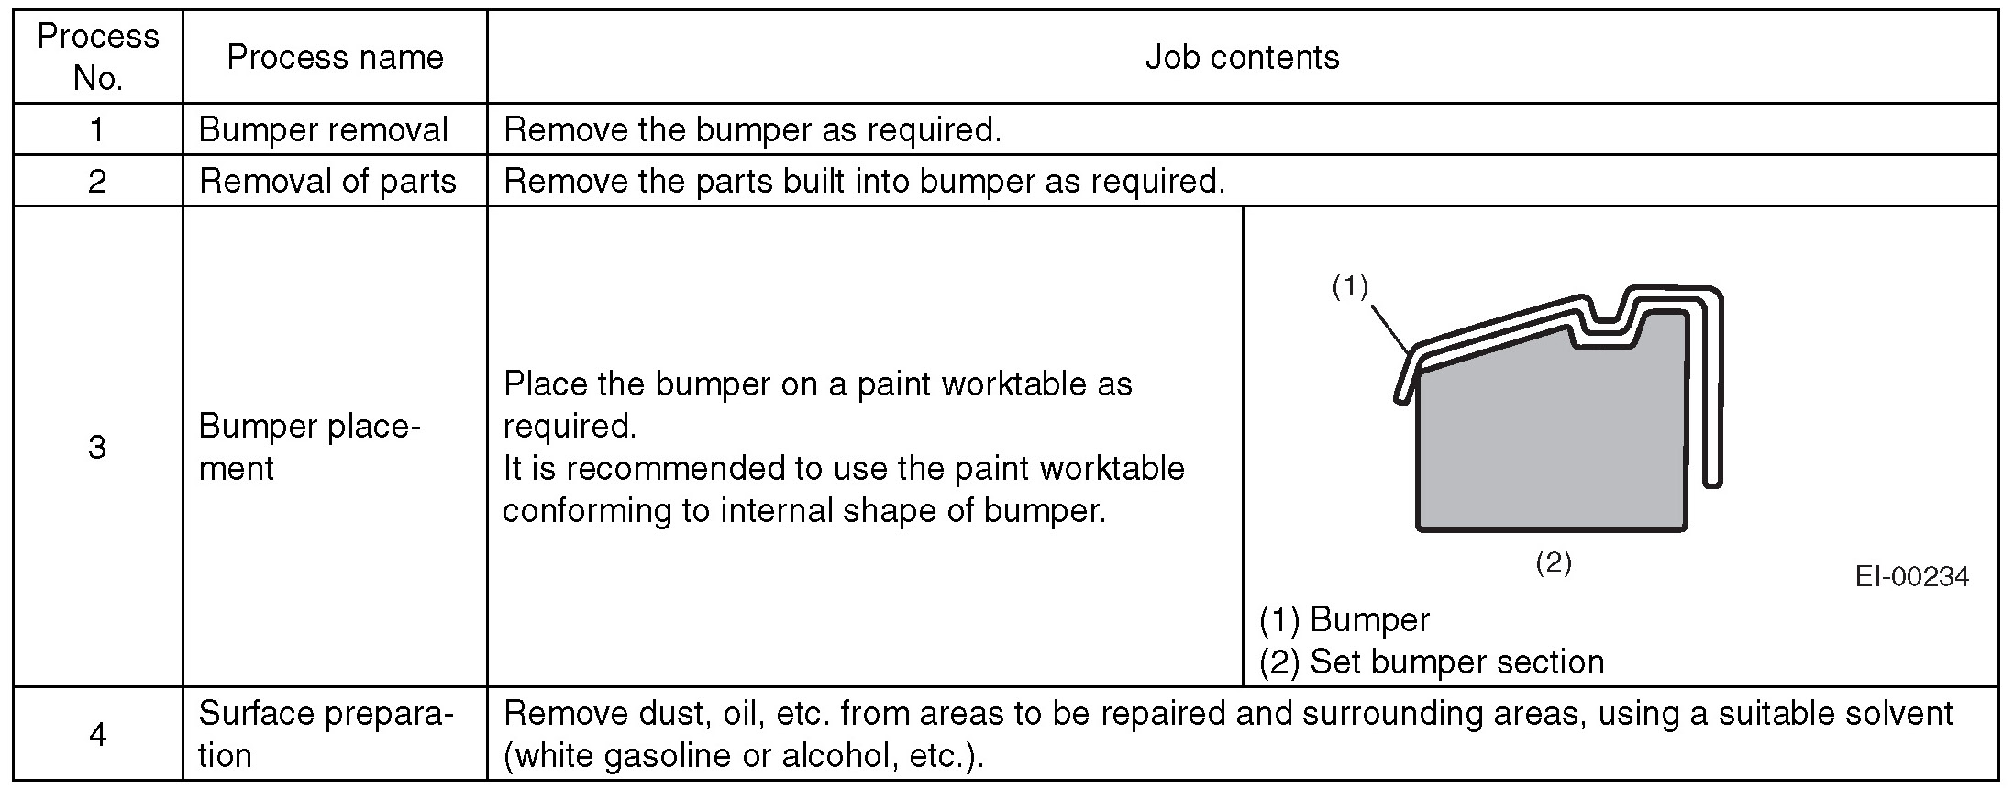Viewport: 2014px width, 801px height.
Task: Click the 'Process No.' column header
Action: tap(97, 57)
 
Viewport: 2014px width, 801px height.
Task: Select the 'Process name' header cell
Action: tap(335, 58)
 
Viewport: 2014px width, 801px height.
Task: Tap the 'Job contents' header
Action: tap(1242, 58)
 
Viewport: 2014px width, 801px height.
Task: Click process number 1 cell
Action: tap(97, 129)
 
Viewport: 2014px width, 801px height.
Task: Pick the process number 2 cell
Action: tap(97, 181)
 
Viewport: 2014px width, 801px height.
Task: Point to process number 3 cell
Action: tap(97, 447)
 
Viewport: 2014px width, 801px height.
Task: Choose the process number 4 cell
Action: tap(97, 734)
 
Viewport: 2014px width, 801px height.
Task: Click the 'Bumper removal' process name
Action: tap(323, 129)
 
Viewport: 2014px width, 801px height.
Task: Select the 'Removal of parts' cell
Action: tap(327, 181)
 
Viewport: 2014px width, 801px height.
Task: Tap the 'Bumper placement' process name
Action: tap(309, 447)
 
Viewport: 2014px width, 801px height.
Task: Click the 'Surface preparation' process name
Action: tap(326, 734)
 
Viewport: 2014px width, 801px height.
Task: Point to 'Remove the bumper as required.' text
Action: tap(752, 129)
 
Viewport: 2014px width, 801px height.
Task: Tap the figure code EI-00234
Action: tap(1911, 576)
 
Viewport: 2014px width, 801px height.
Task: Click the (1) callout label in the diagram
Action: tap(1350, 287)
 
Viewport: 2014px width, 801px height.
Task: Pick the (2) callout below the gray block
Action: tap(1554, 562)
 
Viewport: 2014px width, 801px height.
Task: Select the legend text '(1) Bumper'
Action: tap(1344, 620)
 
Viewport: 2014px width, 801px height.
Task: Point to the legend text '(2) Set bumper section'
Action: tap(1431, 662)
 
